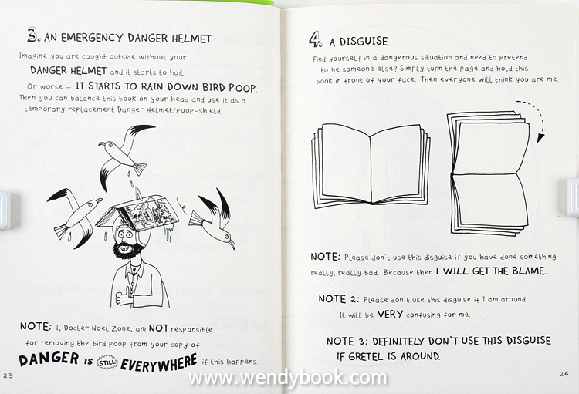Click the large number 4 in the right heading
(315, 39)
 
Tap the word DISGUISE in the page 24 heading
(364, 41)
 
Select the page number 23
(8, 375)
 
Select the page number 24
(564, 374)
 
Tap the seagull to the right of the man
(213, 220)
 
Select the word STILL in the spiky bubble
(107, 362)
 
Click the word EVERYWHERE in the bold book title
(159, 363)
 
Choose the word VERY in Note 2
(390, 315)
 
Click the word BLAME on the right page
(528, 271)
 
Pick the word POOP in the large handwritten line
(242, 88)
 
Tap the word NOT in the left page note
(158, 328)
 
